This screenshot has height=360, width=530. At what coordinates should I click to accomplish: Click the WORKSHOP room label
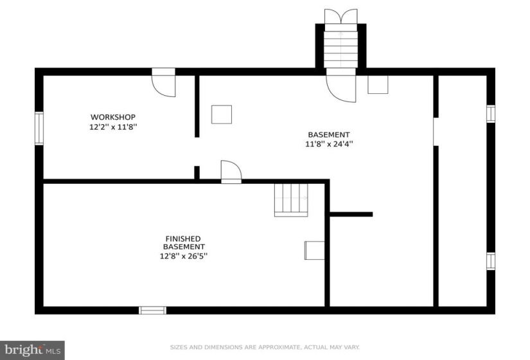pos(113,117)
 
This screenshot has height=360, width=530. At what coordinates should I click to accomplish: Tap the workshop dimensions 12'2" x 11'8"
pos(113,127)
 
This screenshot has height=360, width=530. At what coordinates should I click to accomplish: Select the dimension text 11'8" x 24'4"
pos(329,144)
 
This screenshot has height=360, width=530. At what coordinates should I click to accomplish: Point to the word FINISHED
pos(183,239)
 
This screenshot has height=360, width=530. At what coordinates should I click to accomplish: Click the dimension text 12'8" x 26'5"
pos(184,256)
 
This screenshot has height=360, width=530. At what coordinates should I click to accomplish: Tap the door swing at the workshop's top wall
pos(164,83)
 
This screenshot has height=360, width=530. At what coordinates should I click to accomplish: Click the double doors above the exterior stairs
pos(340,16)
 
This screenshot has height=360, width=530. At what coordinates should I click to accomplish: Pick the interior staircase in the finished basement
pos(291,200)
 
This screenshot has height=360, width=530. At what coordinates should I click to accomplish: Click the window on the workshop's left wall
pos(39,128)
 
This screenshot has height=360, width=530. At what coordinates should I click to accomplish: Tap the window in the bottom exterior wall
pos(152,310)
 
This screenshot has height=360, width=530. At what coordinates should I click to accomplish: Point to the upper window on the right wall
pos(491,114)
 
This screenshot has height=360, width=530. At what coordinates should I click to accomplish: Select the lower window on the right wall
pos(491,261)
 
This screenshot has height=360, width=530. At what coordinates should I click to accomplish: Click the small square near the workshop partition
pos(222,114)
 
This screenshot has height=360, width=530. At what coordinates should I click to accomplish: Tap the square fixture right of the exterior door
pos(378,85)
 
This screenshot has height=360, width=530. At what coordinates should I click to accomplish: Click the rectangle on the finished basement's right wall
pos(314,250)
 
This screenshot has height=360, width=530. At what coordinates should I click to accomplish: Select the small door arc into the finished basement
pos(231,172)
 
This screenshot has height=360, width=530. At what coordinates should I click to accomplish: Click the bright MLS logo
pos(33,350)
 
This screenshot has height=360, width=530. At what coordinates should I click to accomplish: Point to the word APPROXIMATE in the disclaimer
pos(279,347)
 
